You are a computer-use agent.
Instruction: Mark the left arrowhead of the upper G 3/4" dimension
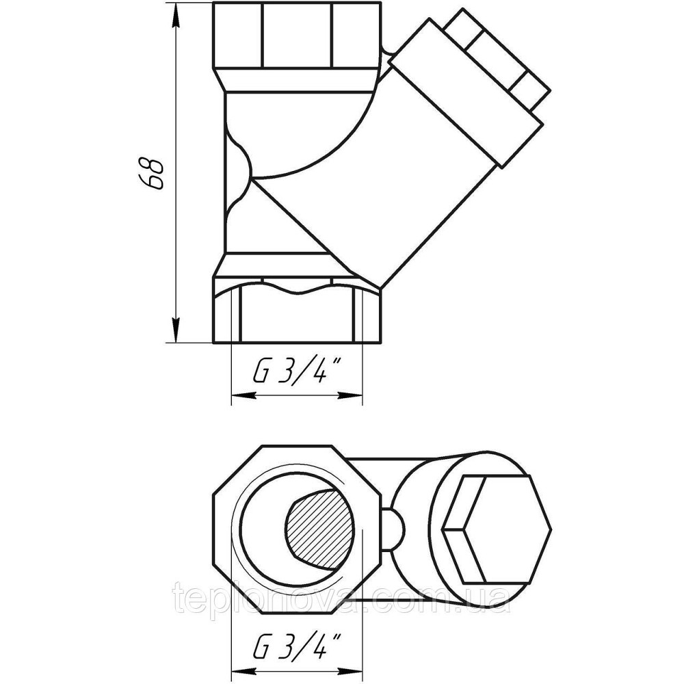click(x=239, y=396)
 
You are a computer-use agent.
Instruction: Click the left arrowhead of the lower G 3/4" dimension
click(x=239, y=668)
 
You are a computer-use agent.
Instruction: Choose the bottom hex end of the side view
click(x=298, y=311)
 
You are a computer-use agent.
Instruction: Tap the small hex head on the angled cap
click(x=496, y=58)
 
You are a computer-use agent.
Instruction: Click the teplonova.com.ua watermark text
click(x=342, y=601)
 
